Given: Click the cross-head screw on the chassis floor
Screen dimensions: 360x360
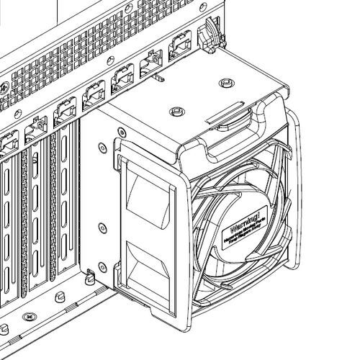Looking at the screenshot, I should pos(30,315).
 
